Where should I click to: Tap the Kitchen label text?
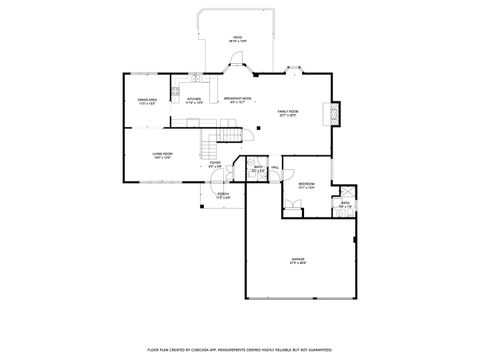coord(195,99)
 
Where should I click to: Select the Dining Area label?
coord(146,100)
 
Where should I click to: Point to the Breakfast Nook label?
coord(238,99)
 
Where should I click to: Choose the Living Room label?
coord(162,155)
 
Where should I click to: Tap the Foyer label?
coord(214,164)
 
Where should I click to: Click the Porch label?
coord(223,196)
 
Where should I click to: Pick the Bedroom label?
coord(306,185)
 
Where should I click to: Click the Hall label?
coord(273,168)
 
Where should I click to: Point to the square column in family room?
coord(257,128)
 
